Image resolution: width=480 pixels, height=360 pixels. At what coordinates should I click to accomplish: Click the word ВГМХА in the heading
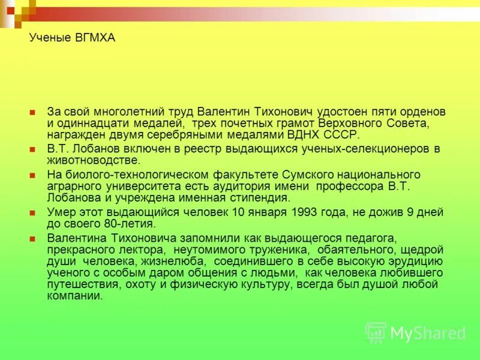[x=94, y=38]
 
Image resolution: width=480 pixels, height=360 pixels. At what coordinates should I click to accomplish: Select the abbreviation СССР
[x=341, y=134]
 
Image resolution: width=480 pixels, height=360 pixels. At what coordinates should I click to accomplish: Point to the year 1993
[x=311, y=212]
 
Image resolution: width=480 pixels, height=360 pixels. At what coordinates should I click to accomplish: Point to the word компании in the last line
[x=74, y=296]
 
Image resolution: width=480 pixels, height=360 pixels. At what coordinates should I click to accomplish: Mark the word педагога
[x=358, y=239]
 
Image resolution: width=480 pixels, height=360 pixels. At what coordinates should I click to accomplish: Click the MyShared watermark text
[x=427, y=333]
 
